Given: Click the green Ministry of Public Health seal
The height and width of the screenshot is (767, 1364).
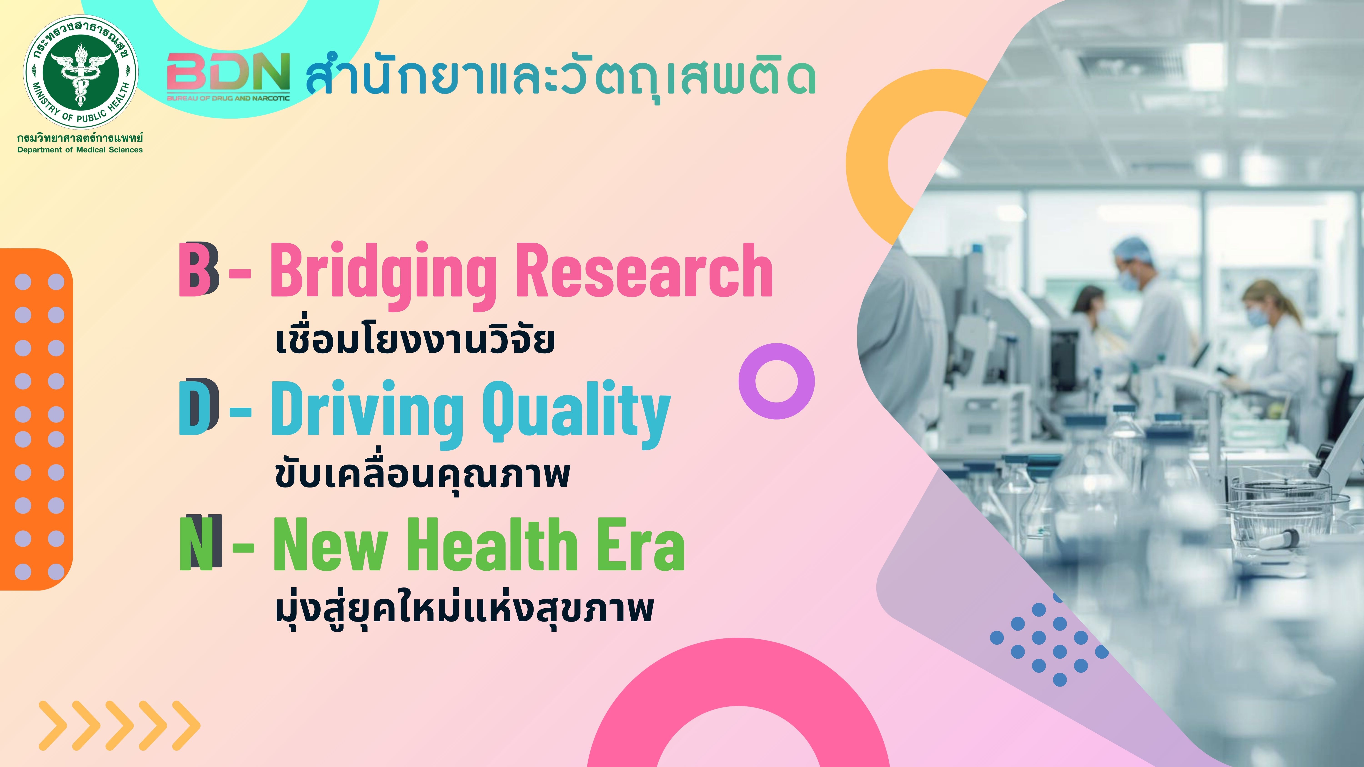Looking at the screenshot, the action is click(x=80, y=71).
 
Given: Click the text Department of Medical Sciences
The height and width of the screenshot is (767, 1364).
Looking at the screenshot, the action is click(x=80, y=150).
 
